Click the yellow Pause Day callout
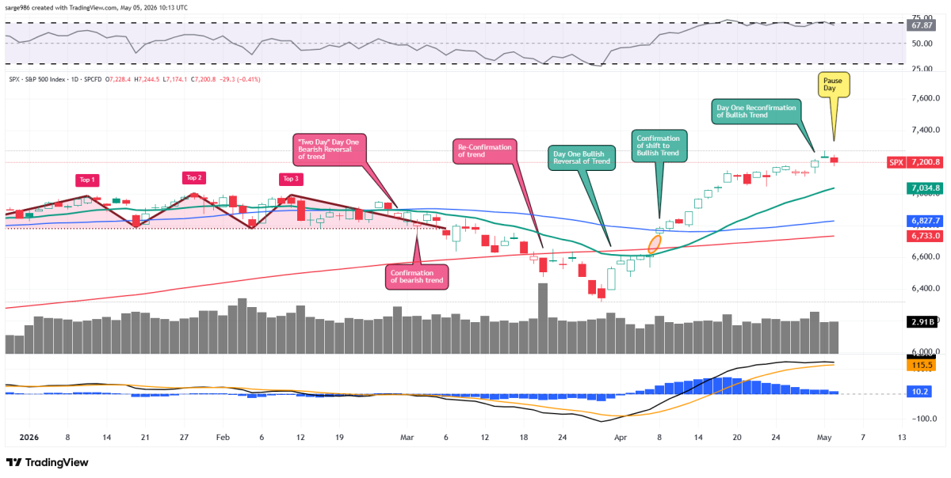pyautogui.click(x=834, y=85)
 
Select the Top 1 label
pyautogui.click(x=87, y=180)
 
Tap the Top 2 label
pyautogui.click(x=194, y=178)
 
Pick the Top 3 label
pyautogui.click(x=291, y=179)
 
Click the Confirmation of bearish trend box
pyautogui.click(x=417, y=276)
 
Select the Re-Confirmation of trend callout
pyautogui.click(x=485, y=151)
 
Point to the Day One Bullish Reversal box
pyautogui.click(x=582, y=158)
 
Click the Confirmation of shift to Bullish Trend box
pyautogui.click(x=659, y=146)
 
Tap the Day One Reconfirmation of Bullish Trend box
pyautogui.click(x=756, y=112)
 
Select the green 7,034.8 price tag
pyautogui.click(x=925, y=188)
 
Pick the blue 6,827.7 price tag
pyautogui.click(x=925, y=221)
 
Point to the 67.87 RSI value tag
pyautogui.click(x=922, y=25)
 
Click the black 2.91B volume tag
pyautogui.click(x=922, y=322)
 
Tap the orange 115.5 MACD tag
pyautogui.click(x=921, y=365)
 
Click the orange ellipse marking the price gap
pyautogui.click(x=655, y=244)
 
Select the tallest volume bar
pyautogui.click(x=543, y=318)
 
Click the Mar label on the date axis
pyautogui.click(x=407, y=438)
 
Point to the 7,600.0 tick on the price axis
pyautogui.click(x=926, y=98)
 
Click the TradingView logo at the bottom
pyautogui.click(x=47, y=462)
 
